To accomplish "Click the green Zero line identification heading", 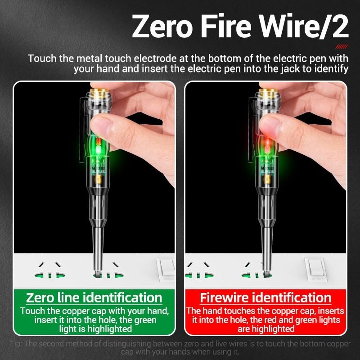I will click(94, 298).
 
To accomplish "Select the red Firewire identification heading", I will click(265, 298).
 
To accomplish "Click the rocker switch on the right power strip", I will click(315, 269).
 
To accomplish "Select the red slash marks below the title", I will click(342, 46).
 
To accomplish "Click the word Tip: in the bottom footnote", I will click(17, 344).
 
